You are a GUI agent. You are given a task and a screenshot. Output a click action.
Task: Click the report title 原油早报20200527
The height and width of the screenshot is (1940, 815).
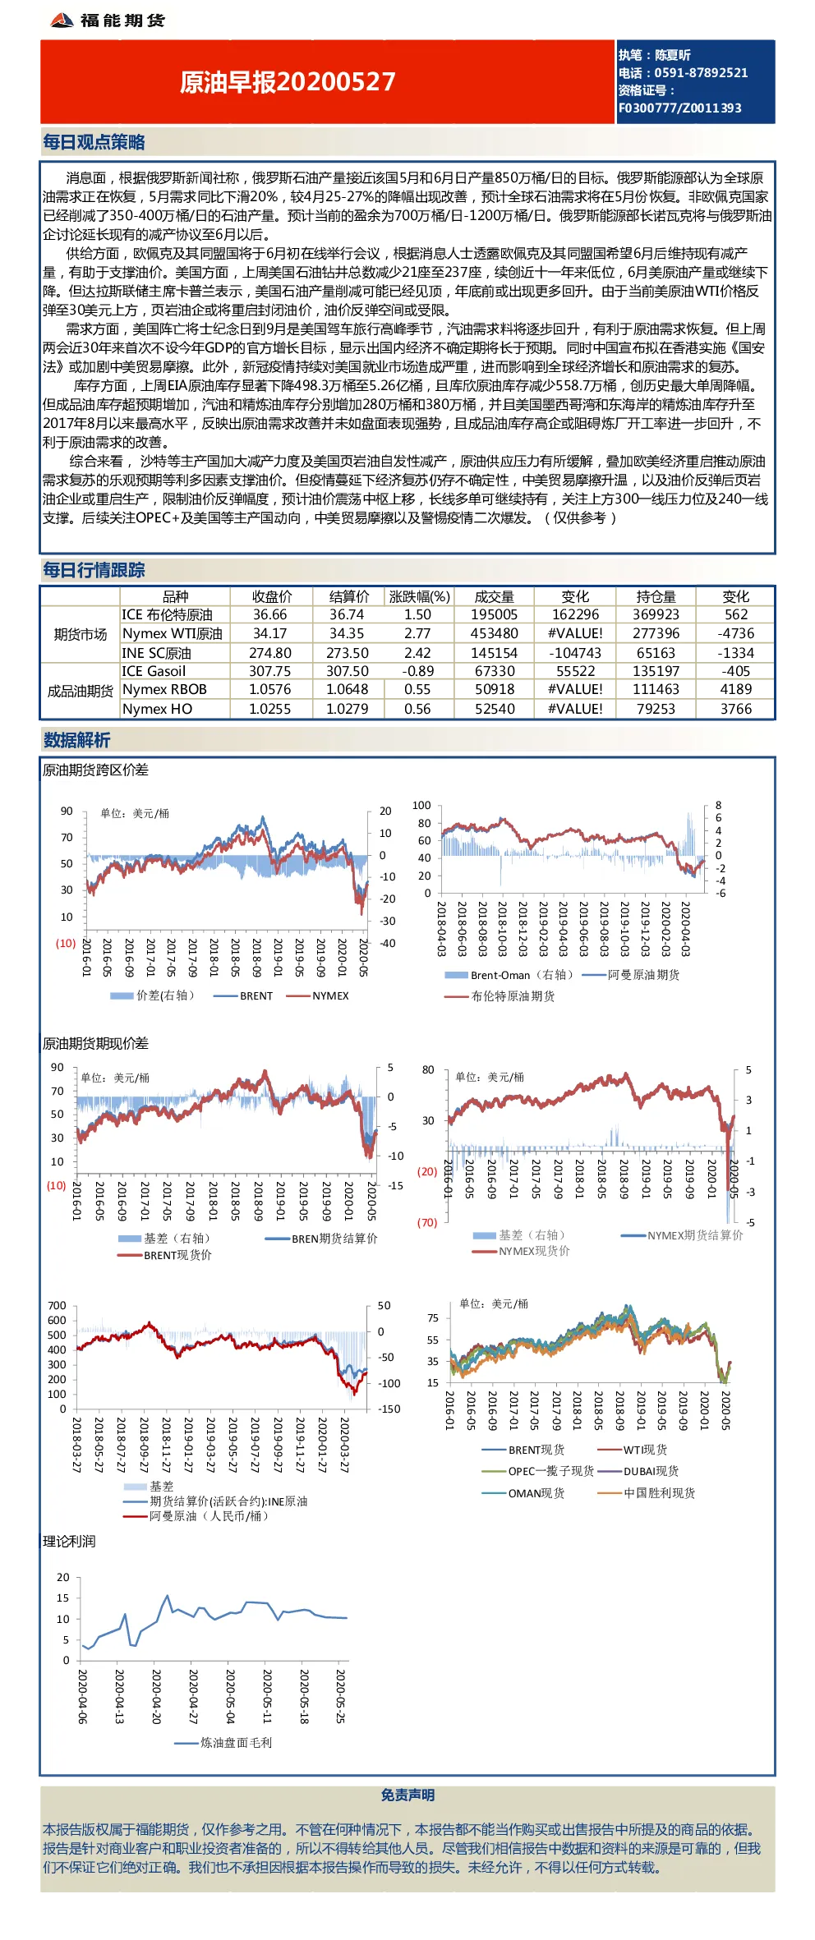pyautogui.click(x=288, y=82)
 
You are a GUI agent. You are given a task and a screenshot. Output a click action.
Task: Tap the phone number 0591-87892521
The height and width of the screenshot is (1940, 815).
pyautogui.click(x=701, y=73)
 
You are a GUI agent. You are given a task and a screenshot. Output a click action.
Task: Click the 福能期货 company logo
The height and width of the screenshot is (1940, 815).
pyautogui.click(x=107, y=21)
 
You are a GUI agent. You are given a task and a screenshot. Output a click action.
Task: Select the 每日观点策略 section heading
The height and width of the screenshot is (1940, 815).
pyautogui.click(x=94, y=142)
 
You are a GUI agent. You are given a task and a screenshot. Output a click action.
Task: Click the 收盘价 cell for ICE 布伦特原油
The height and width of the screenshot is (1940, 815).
pyautogui.click(x=270, y=615)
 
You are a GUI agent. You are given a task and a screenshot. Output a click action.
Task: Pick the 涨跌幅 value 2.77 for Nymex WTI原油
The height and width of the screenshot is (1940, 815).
pyautogui.click(x=417, y=634)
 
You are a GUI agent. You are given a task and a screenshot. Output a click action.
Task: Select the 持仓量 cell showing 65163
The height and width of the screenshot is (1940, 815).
pyautogui.click(x=656, y=653)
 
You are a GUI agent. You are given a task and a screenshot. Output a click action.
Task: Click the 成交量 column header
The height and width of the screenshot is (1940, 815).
pyautogui.click(x=494, y=597)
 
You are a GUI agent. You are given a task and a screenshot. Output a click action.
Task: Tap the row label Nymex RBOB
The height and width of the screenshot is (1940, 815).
pyautogui.click(x=164, y=690)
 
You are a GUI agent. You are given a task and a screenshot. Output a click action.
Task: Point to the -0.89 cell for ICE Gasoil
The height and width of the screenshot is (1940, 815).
pyautogui.click(x=417, y=671)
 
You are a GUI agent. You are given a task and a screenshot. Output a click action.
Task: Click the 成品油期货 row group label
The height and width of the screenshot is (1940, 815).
pyautogui.click(x=81, y=691)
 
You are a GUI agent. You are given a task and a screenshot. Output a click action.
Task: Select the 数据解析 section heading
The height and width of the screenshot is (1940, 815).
pyautogui.click(x=76, y=740)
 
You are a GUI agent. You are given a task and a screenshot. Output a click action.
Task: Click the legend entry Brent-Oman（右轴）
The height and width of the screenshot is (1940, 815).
pyautogui.click(x=509, y=975)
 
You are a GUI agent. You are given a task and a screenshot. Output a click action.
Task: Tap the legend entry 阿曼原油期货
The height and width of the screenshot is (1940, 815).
pyautogui.click(x=631, y=975)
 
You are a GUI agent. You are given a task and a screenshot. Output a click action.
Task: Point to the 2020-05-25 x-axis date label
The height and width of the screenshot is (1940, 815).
pyautogui.click(x=340, y=1695)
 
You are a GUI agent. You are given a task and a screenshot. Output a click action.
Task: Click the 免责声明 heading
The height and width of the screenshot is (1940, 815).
pyautogui.click(x=407, y=1795)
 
